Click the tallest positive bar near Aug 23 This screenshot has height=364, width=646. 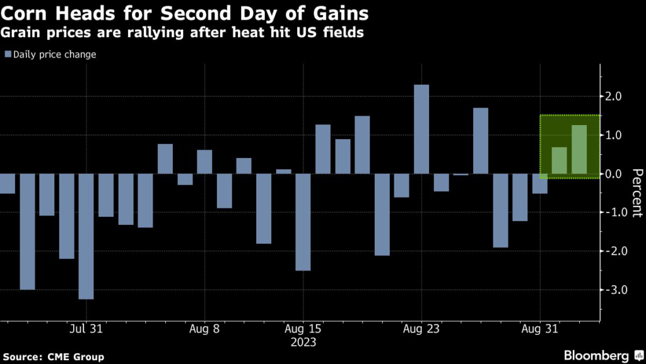pos(421,129)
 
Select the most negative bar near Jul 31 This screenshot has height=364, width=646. pos(86,236)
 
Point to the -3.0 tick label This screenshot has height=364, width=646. pos(615,290)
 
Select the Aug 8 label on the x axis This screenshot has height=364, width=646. pos(204,329)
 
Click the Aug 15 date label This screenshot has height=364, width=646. pos(303,329)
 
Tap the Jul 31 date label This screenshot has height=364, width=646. pos(86,329)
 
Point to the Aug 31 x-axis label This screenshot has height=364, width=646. pos(541,329)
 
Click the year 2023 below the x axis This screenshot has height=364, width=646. pos(303,343)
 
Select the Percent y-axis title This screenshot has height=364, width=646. pos(637,193)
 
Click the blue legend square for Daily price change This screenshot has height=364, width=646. pos(8,54)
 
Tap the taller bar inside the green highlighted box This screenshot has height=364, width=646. pos(579,149)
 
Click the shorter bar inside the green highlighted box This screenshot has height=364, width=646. pos(560,161)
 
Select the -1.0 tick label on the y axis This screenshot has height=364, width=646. pos(615,213)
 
